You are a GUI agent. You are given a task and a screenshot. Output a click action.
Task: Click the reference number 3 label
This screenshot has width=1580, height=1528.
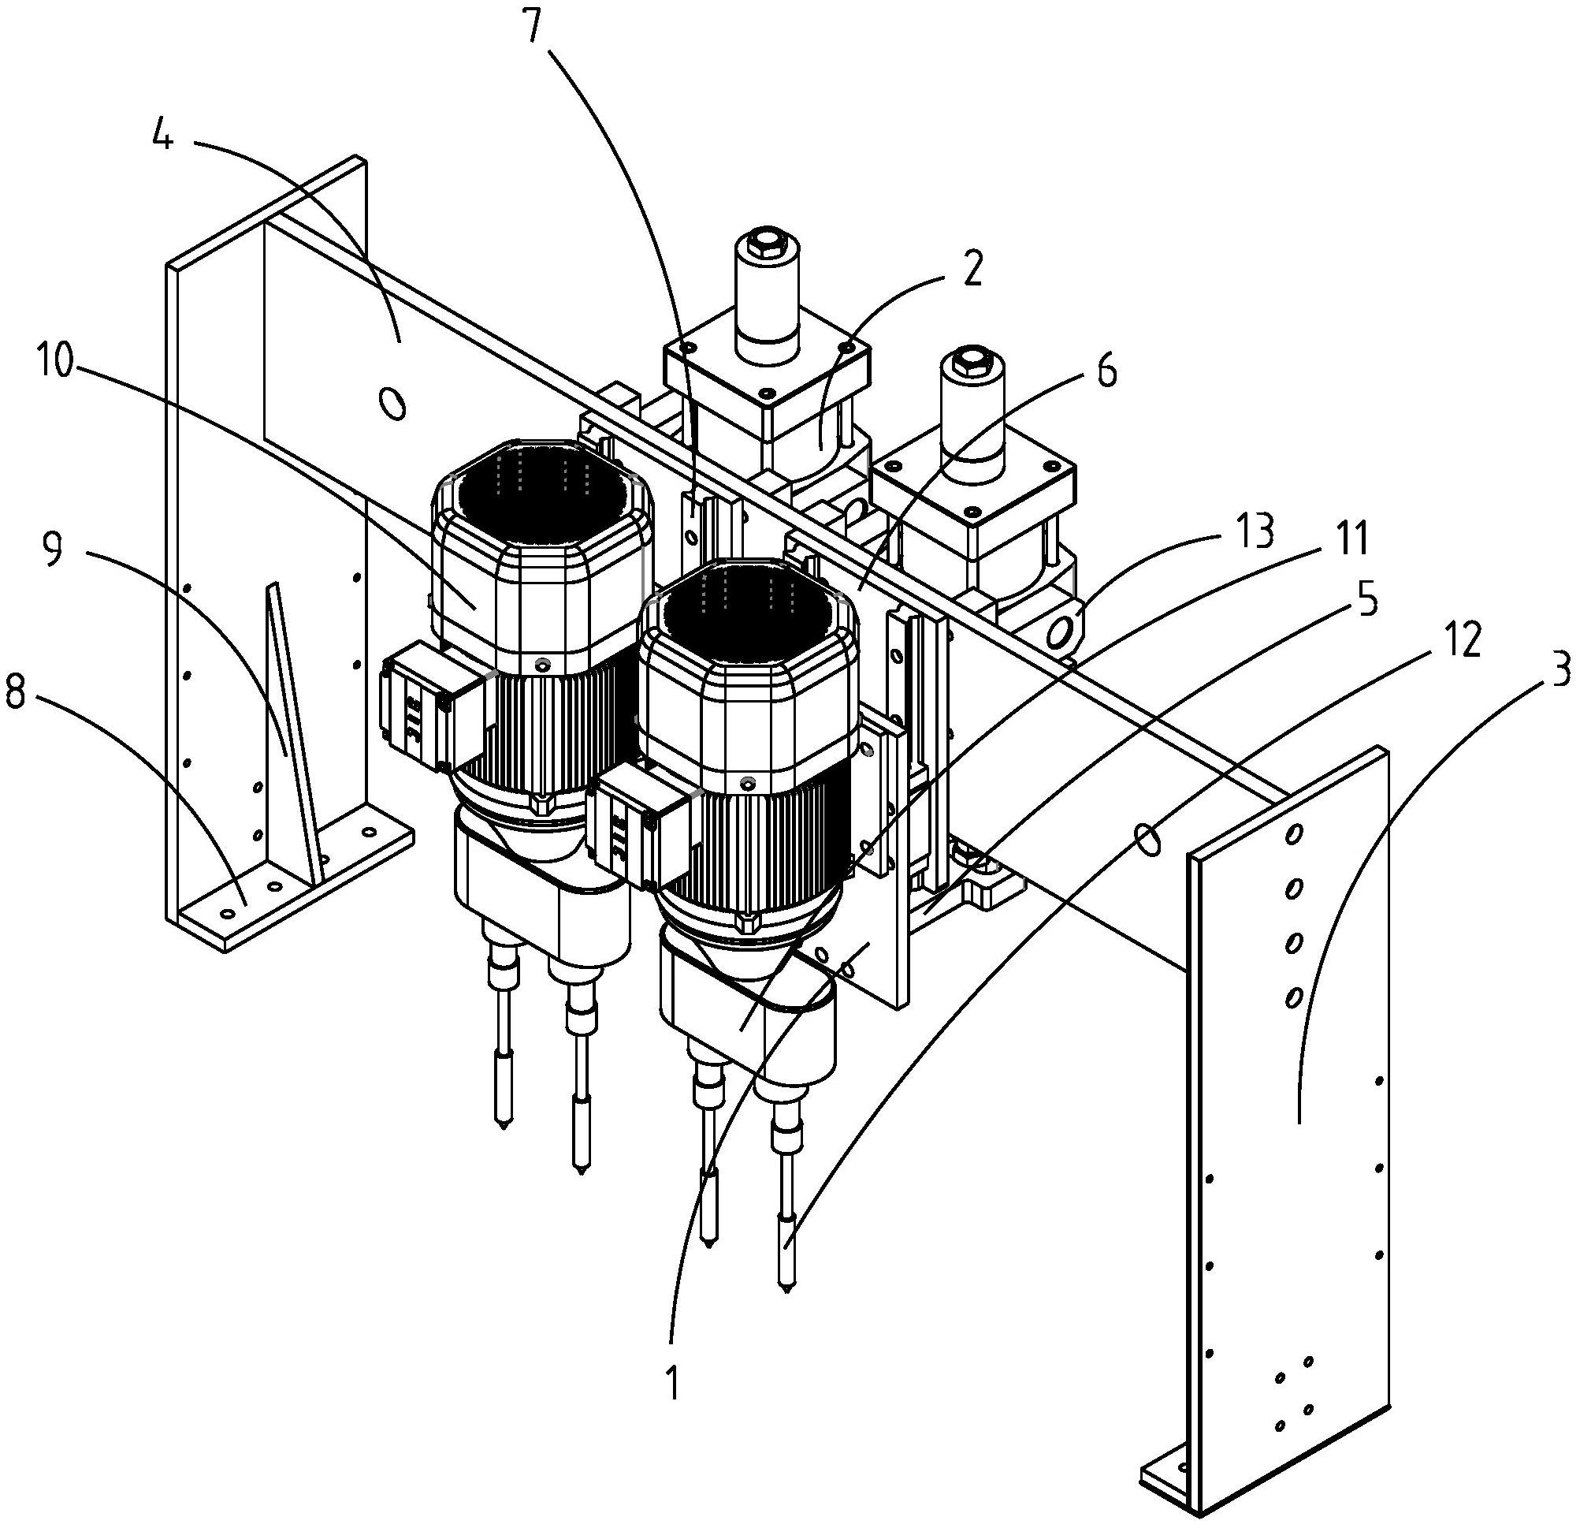[x=1561, y=671]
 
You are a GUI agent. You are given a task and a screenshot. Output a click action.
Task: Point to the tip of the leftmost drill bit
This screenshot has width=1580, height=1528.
[x=502, y=1126]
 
